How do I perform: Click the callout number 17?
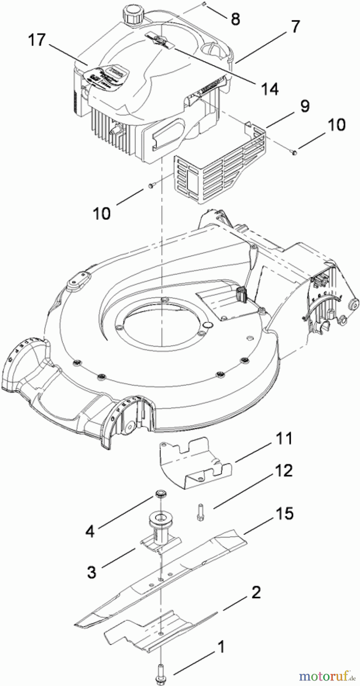click(x=37, y=40)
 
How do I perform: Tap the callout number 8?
click(x=235, y=19)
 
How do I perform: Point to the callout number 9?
click(x=304, y=106)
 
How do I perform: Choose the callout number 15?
click(x=283, y=513)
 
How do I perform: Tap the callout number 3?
click(x=91, y=572)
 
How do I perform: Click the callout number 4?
click(x=90, y=531)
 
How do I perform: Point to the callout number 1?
click(x=220, y=647)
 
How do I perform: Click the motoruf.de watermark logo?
click(x=326, y=676)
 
